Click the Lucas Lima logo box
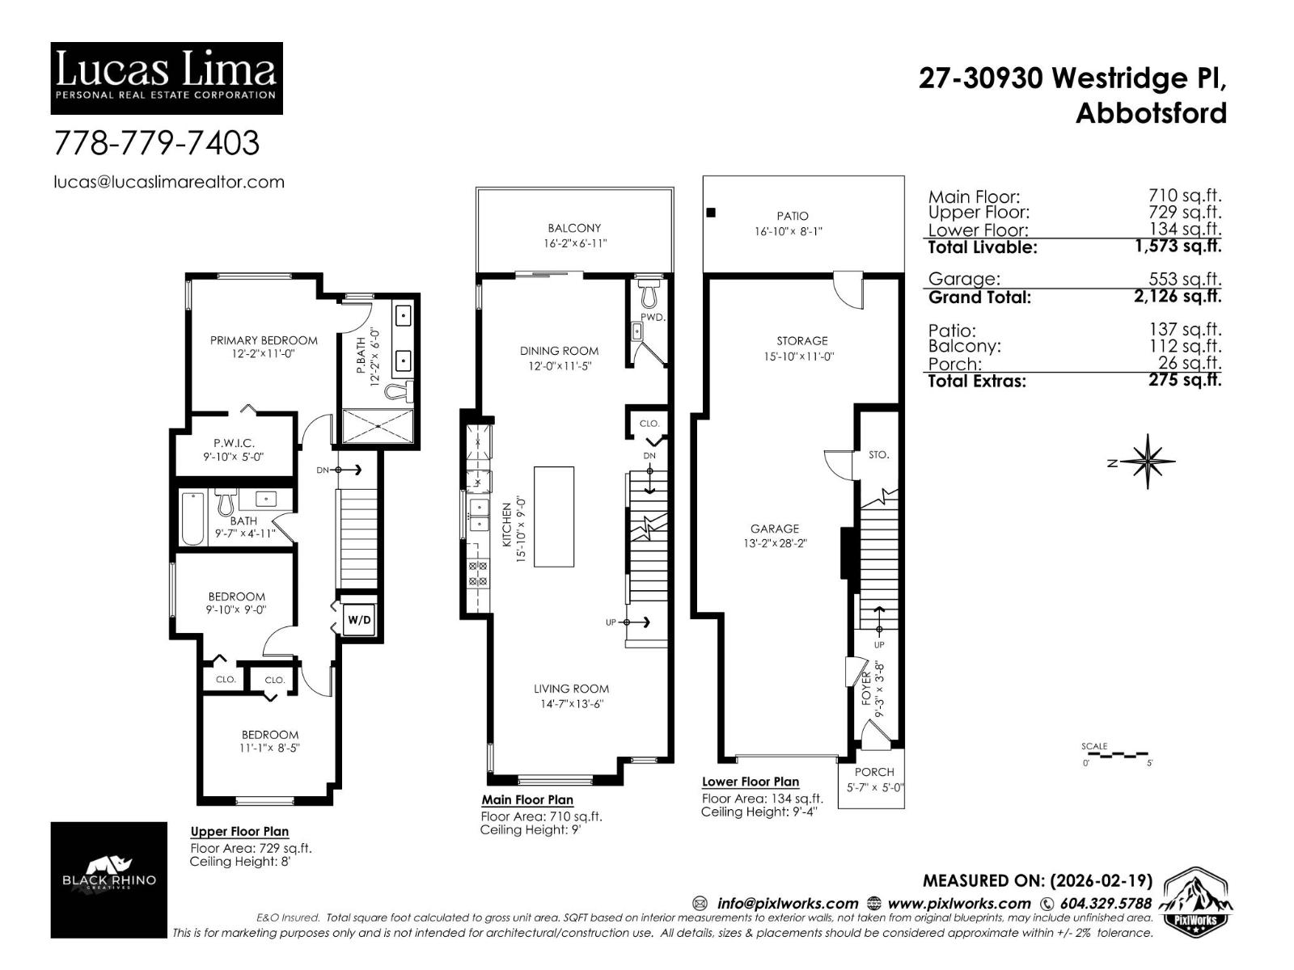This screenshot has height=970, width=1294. (x=167, y=78)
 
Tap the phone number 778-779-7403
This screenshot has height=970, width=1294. (x=156, y=143)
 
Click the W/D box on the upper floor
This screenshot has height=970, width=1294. (x=359, y=620)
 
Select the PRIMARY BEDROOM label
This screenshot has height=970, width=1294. (x=264, y=340)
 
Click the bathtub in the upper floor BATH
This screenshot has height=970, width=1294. (x=192, y=518)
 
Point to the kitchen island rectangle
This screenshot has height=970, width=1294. (x=554, y=517)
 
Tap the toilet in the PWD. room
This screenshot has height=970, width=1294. (x=649, y=289)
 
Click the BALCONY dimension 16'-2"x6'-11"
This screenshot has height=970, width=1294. (x=574, y=243)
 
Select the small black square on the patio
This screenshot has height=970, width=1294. (x=711, y=213)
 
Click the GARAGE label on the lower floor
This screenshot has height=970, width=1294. (x=774, y=529)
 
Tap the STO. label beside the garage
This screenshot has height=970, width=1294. (x=878, y=455)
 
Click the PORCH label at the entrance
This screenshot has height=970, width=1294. (x=874, y=772)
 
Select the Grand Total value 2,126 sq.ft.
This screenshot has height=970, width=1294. (x=1178, y=296)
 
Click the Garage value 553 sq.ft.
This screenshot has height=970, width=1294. (x=1185, y=279)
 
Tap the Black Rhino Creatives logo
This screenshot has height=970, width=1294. (x=108, y=879)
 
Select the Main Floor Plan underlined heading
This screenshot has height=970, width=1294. (x=527, y=799)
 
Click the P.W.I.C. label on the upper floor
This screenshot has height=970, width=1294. (x=234, y=443)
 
